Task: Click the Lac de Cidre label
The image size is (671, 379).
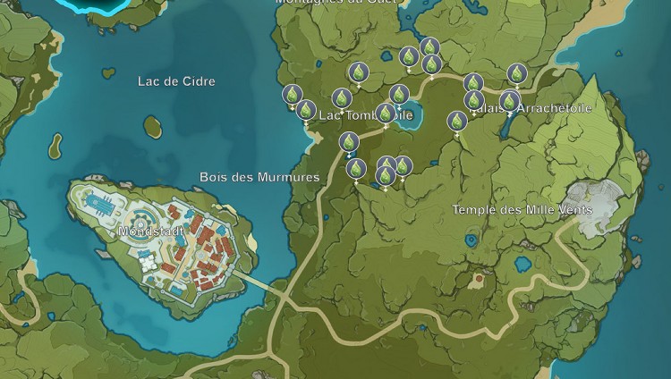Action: point(176,81)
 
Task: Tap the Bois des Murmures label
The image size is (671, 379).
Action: point(259,177)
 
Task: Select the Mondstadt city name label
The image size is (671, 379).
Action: point(150,231)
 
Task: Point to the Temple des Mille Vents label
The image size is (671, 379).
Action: point(522,209)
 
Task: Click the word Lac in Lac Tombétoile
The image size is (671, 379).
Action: point(330,115)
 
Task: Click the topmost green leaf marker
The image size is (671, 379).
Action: point(429,47)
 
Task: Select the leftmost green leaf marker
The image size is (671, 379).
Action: point(292,94)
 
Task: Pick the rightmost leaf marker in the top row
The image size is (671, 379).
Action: point(516,73)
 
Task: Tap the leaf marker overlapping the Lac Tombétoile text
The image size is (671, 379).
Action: point(386,114)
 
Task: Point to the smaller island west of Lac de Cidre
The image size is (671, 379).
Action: point(55,143)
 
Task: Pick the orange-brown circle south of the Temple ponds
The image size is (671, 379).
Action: point(480,280)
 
